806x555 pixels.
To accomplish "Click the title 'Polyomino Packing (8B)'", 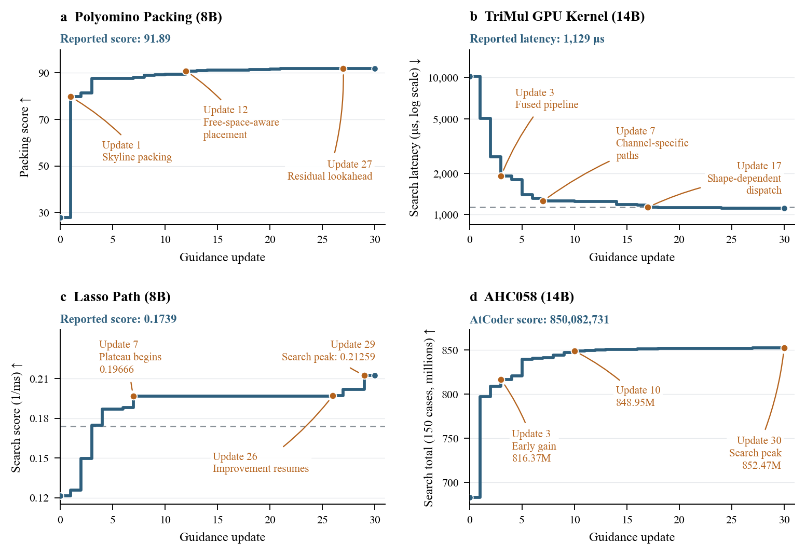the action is pyautogui.click(x=148, y=17).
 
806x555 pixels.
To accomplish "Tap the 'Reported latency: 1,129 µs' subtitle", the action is pyautogui.click(x=537, y=38).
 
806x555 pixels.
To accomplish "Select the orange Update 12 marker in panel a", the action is pyautogui.click(x=186, y=72).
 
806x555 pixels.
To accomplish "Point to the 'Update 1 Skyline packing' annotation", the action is pyautogui.click(x=137, y=151).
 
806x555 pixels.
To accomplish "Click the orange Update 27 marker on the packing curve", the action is pyautogui.click(x=343, y=69).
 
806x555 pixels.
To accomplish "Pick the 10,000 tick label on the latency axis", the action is pyautogui.click(x=443, y=78).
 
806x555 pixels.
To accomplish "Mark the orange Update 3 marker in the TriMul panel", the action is pyautogui.click(x=501, y=176).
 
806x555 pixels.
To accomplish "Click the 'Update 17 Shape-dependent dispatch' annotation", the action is pyautogui.click(x=744, y=178).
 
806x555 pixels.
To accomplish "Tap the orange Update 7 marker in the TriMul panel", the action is pyautogui.click(x=543, y=201).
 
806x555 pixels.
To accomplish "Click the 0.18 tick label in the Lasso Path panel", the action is pyautogui.click(x=39, y=418).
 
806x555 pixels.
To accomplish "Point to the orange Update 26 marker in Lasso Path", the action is pyautogui.click(x=333, y=396).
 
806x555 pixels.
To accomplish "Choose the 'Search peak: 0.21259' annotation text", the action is pyautogui.click(x=328, y=357).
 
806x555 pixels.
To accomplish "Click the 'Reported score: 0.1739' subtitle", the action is pyautogui.click(x=118, y=319).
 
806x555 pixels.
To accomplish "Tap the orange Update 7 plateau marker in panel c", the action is pyautogui.click(x=133, y=396).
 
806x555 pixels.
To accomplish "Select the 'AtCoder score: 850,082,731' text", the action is pyautogui.click(x=539, y=319).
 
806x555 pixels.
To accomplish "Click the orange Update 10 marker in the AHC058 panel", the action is pyautogui.click(x=575, y=351).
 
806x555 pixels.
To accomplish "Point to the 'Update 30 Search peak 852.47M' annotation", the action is pyautogui.click(x=755, y=452).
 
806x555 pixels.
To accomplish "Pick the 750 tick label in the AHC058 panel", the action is pyautogui.click(x=450, y=438).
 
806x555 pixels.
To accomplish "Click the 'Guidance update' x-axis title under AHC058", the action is pyautogui.click(x=632, y=537).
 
